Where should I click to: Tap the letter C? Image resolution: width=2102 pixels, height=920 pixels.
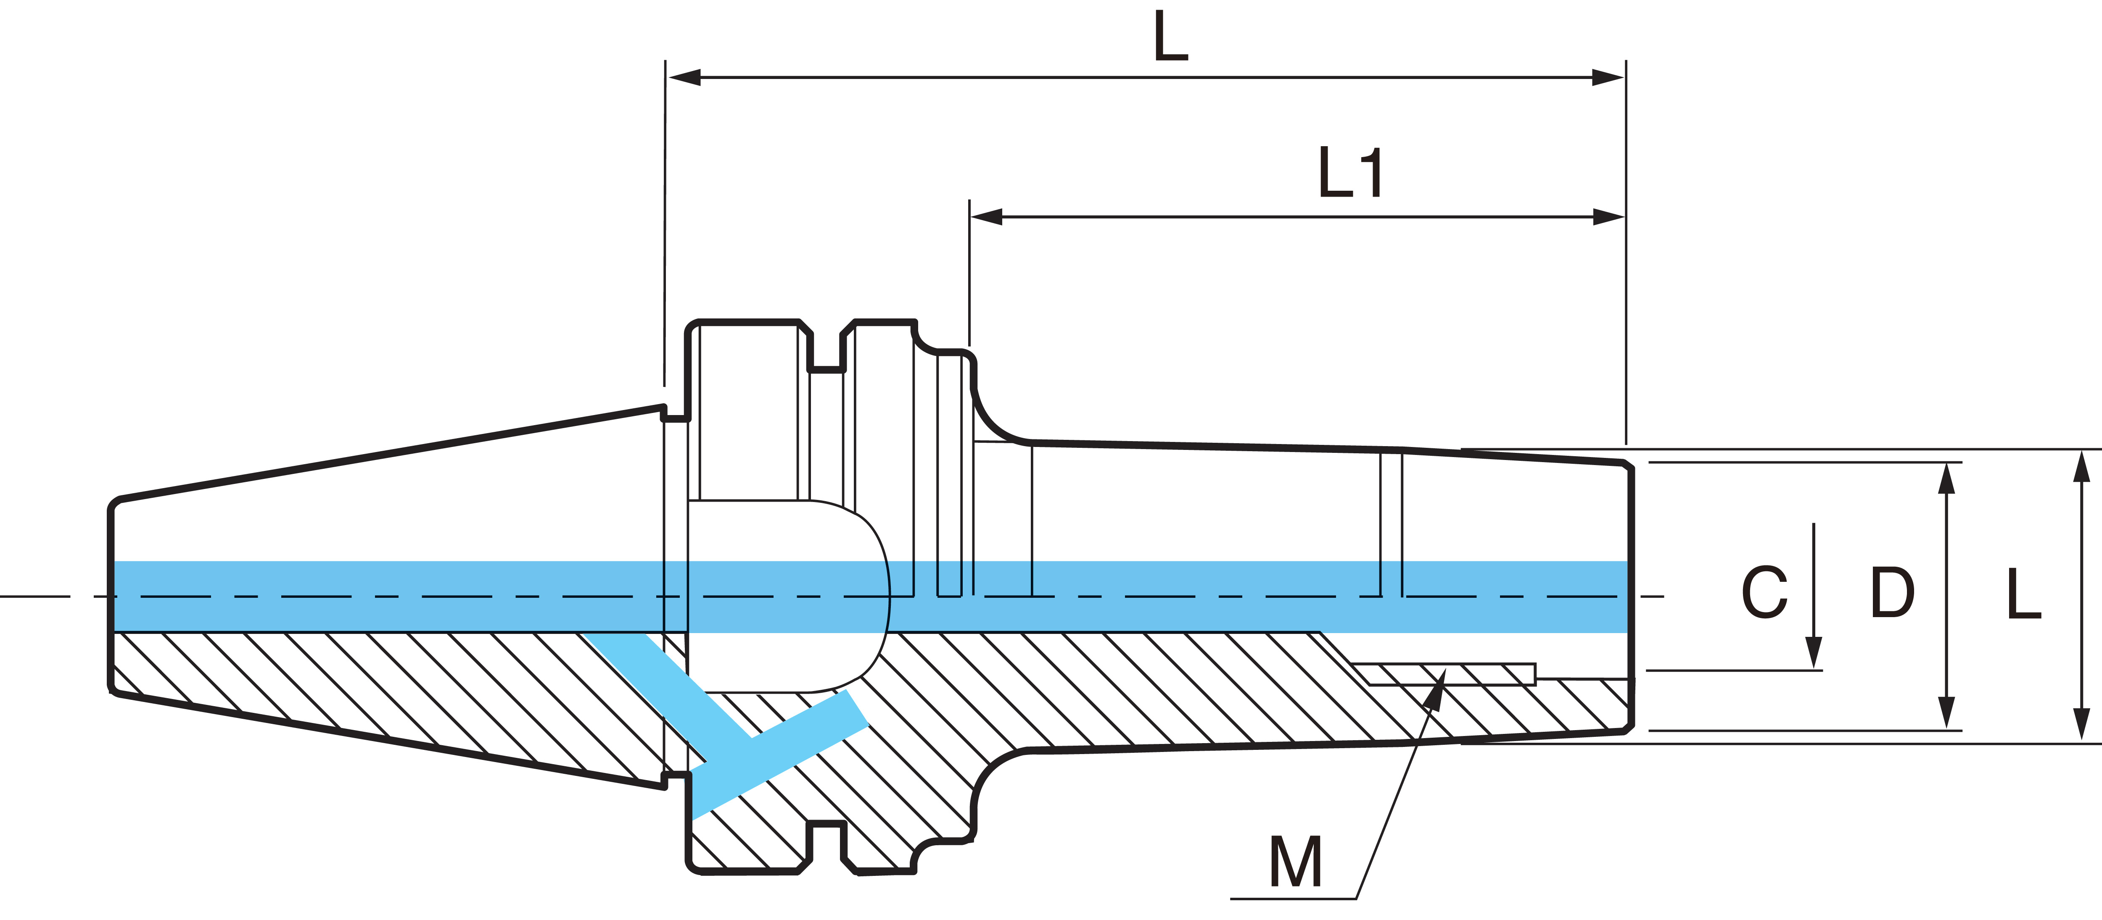1764,592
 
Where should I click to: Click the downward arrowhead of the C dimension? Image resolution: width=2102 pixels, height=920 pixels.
1813,652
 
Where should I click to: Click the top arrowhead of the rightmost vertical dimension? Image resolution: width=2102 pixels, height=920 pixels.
2081,467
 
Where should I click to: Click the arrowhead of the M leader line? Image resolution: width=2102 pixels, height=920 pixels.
1436,683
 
